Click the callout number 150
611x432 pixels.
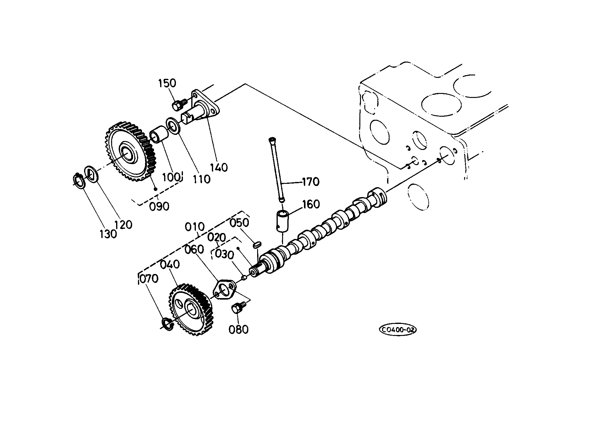tap(168, 83)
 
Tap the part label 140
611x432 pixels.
tap(219, 168)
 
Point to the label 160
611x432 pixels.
tap(311, 204)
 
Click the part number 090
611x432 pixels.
tap(159, 206)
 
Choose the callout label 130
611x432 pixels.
tap(108, 234)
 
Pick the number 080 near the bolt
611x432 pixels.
tap(238, 329)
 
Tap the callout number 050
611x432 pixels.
tap(239, 223)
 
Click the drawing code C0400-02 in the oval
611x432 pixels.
tap(398, 330)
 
